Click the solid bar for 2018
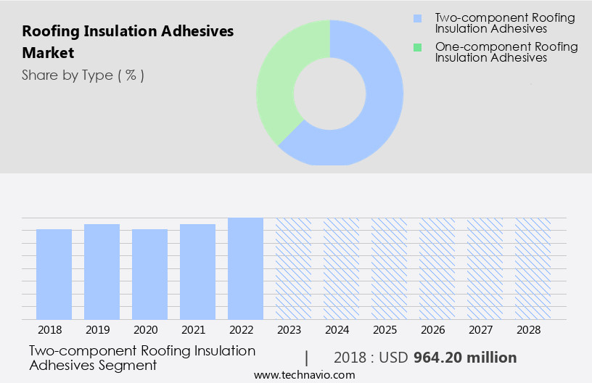[54, 274]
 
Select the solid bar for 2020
[149, 274]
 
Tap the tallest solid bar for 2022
[245, 268]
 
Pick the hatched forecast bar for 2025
[389, 268]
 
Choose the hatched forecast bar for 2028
[533, 268]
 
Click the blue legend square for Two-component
[416, 17]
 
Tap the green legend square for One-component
[416, 47]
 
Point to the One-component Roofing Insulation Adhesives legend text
[506, 52]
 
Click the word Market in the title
[48, 53]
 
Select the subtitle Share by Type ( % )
[83, 75]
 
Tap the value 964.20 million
[465, 358]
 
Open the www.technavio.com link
[305, 375]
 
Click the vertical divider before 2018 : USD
[307, 358]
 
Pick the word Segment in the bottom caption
[131, 366]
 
